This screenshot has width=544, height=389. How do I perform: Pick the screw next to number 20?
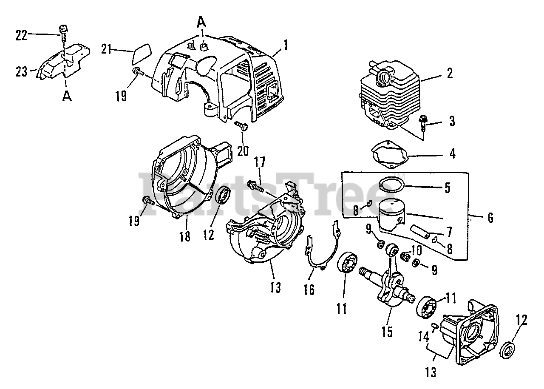241,126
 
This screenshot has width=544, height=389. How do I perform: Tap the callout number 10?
417,250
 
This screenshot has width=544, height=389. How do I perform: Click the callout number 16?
309,290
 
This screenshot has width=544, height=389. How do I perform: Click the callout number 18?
185,236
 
